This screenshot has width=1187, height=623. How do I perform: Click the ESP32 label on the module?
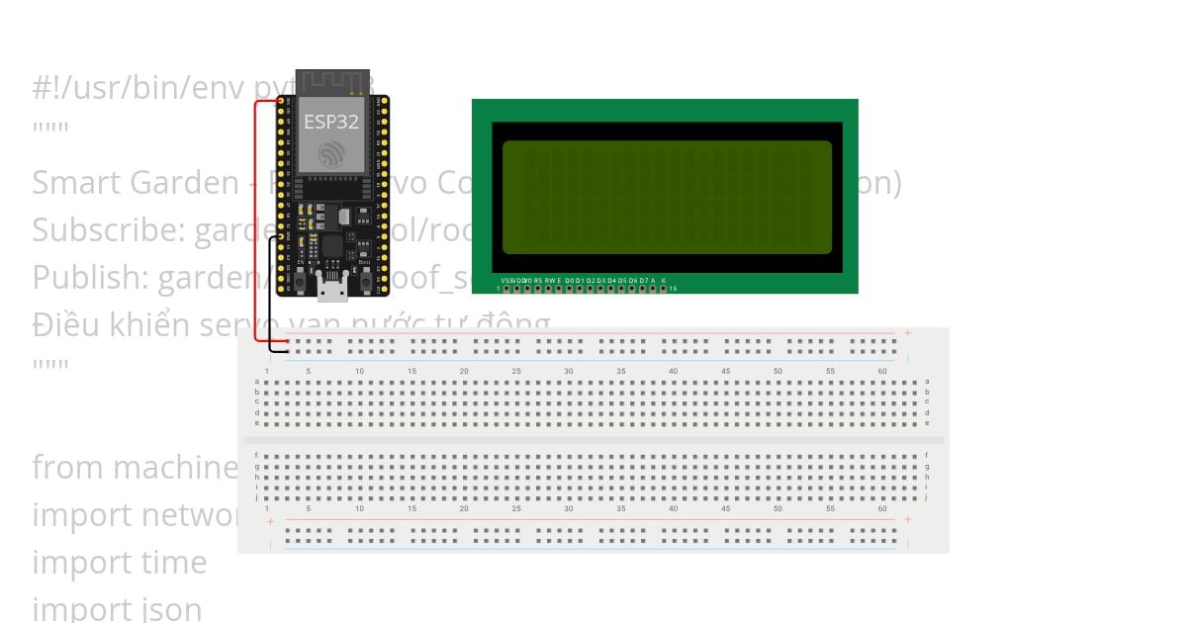(330, 123)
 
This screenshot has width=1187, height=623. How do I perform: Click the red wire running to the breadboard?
(254, 218)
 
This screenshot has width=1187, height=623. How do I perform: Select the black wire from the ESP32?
(270, 297)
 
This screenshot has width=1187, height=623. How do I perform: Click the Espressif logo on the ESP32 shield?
(331, 153)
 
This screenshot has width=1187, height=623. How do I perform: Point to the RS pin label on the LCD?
(537, 281)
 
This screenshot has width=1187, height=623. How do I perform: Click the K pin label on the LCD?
(664, 281)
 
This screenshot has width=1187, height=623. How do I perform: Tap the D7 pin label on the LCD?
(643, 281)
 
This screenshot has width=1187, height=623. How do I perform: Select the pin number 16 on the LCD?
(674, 289)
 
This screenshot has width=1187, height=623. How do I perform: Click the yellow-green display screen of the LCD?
(667, 198)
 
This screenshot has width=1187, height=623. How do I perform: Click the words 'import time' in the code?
(120, 562)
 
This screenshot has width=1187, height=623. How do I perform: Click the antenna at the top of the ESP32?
(332, 81)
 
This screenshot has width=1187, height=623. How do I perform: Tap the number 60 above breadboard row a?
(882, 371)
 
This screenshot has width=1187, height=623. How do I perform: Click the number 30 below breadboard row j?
(569, 508)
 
